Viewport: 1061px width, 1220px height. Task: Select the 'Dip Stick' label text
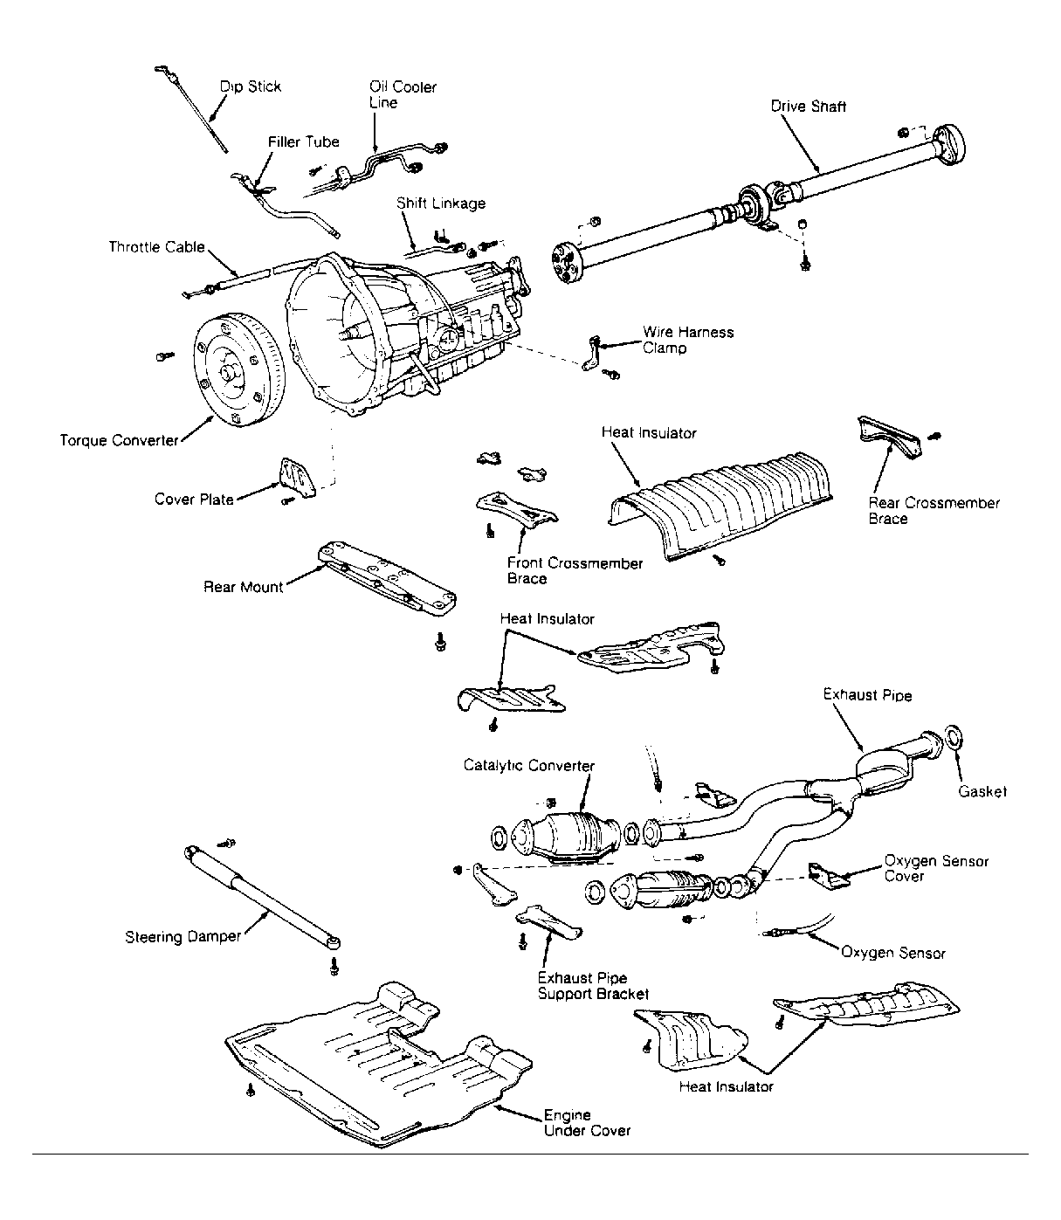[x=251, y=86]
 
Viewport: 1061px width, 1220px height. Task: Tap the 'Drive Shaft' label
[x=808, y=107]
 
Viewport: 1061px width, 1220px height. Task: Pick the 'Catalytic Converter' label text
[x=528, y=766]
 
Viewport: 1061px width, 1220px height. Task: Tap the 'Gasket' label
[x=982, y=791]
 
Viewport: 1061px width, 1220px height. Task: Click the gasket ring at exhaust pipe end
[x=954, y=736]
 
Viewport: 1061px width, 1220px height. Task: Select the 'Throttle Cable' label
[x=156, y=247]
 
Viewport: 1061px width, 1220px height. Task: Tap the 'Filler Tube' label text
[x=303, y=141]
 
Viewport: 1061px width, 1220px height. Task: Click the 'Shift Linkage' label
[x=440, y=203]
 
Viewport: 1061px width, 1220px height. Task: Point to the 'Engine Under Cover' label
[x=586, y=1122]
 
